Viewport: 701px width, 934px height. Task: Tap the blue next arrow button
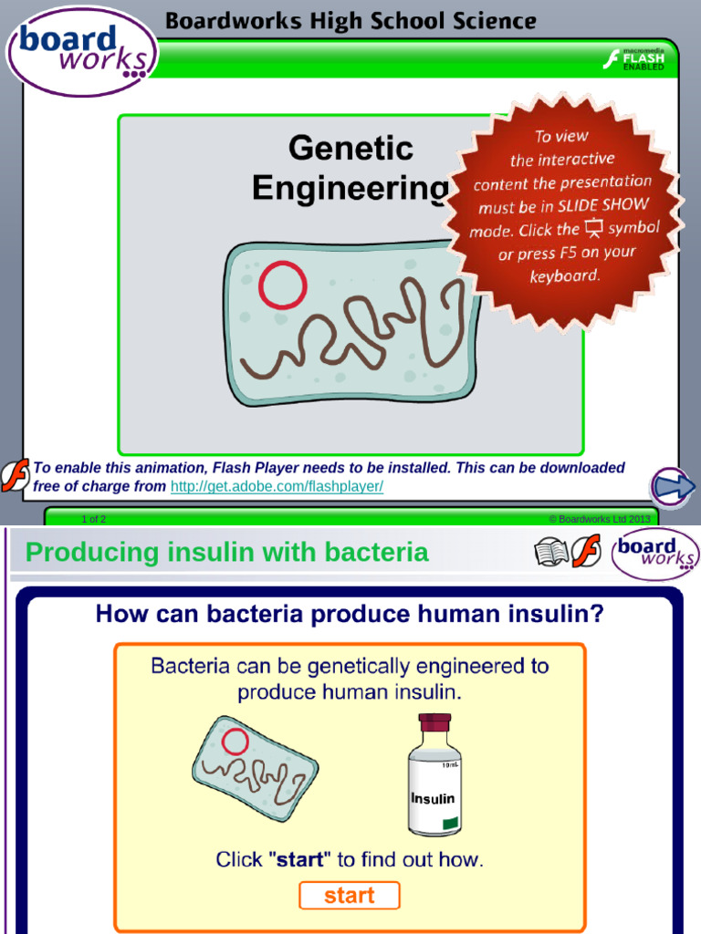click(673, 487)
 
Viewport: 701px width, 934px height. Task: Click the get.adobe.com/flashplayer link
click(277, 487)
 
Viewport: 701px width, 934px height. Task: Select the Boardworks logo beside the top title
click(82, 52)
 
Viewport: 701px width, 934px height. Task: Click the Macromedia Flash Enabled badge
click(633, 60)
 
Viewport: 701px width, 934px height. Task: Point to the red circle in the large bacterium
click(282, 285)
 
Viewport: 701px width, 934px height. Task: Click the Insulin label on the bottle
click(433, 799)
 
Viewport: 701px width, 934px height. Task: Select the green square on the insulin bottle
click(449, 825)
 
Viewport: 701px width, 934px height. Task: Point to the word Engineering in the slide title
click(350, 188)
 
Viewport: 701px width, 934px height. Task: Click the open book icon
click(550, 552)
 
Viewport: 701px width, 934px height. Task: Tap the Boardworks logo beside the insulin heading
click(655, 553)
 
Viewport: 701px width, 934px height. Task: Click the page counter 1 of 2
click(93, 519)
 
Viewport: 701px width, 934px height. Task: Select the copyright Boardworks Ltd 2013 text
click(599, 519)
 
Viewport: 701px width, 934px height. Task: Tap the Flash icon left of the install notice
click(15, 475)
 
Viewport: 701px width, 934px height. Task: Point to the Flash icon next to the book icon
click(587, 552)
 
